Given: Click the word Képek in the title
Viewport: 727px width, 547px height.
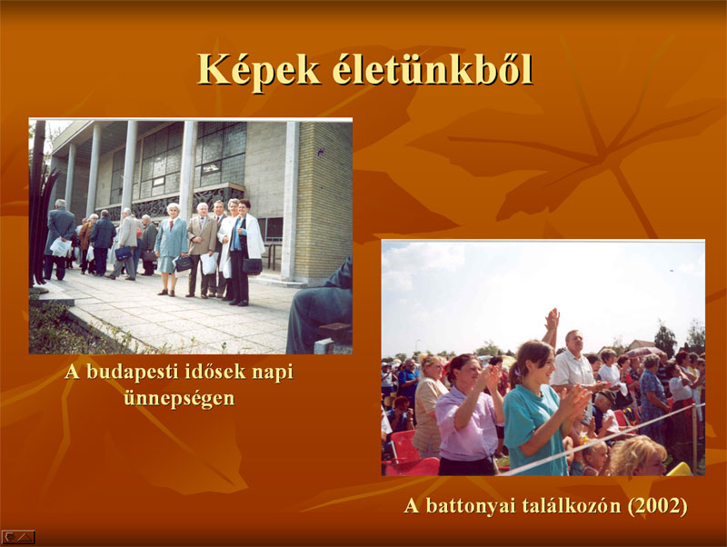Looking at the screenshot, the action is point(259,71).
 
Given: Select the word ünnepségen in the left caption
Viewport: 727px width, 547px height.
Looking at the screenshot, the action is point(179,399).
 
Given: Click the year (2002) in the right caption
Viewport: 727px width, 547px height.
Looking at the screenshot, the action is point(657,506).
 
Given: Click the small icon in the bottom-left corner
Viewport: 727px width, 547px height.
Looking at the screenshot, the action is point(18,537).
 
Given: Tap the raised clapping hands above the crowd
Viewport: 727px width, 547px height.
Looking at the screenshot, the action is point(553,320).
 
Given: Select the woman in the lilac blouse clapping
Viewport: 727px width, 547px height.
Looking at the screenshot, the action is point(468,415).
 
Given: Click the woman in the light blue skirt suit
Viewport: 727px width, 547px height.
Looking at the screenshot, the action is point(170,249).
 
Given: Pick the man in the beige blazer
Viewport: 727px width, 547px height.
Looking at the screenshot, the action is point(202,249).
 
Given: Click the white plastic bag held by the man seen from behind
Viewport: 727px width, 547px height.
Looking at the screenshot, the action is point(61,247).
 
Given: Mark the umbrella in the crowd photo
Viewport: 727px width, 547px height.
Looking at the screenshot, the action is point(644,352).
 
